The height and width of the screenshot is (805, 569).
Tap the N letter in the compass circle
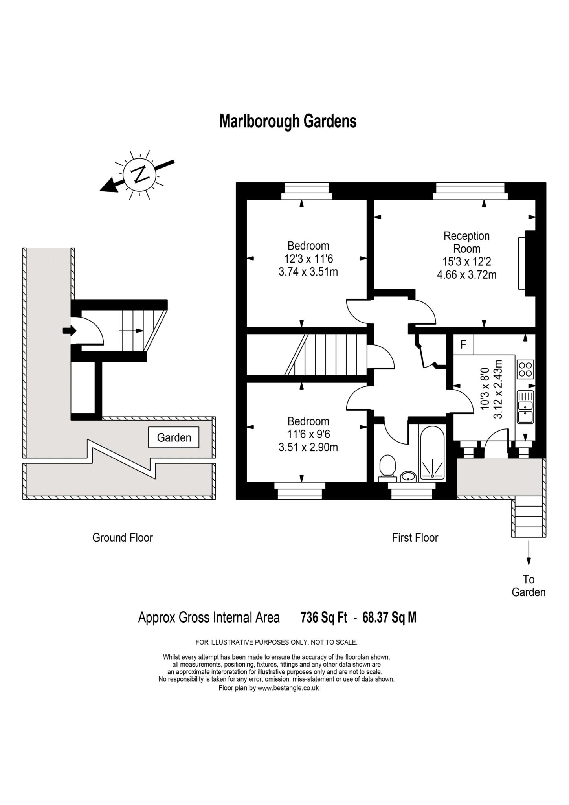pos(139,174)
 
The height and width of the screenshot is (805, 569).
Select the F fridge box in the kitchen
pos(463,345)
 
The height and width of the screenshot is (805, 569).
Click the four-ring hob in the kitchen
pos(525,369)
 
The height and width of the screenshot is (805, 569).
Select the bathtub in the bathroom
pos(432,452)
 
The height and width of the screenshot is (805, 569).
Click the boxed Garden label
pos(174,437)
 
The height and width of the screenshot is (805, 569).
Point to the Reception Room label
pos(466,242)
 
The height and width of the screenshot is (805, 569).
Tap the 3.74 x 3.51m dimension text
pos(308,272)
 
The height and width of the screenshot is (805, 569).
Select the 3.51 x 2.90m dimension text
pos(308,447)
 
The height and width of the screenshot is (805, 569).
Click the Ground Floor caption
pos(122,537)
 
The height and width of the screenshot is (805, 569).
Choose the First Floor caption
pos(415,537)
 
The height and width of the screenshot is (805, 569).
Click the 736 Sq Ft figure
pos(324,618)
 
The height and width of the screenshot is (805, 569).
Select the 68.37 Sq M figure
pos(389,618)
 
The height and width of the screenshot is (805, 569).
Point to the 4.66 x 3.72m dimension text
pos(466,274)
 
